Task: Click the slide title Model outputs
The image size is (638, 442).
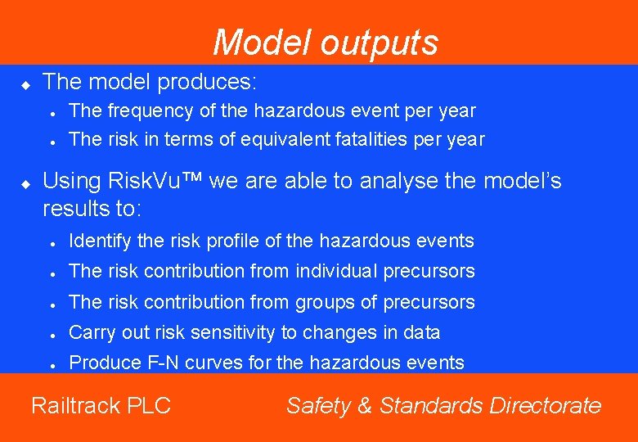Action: [326, 43]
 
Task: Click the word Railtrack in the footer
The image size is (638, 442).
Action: [74, 405]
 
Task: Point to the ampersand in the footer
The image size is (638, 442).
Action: [363, 405]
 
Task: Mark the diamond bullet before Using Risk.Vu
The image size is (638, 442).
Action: [25, 183]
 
